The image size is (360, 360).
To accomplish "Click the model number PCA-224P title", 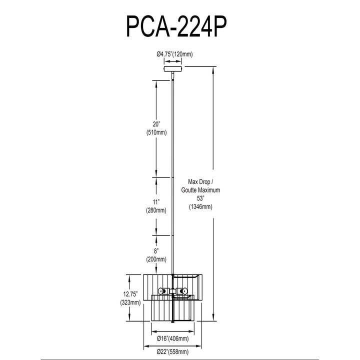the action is [x=176, y=26].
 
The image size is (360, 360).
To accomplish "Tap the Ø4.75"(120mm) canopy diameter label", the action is [x=174, y=54].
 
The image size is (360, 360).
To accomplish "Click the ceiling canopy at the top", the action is [x=173, y=68].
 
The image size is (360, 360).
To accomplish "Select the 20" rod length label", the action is [x=156, y=124].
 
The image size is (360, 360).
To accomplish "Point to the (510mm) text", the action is [x=156, y=132].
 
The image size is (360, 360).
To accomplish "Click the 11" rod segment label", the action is [x=156, y=202].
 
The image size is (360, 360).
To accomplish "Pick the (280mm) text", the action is [x=156, y=210].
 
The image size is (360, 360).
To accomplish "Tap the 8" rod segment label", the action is [x=156, y=251].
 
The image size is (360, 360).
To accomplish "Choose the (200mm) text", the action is [x=156, y=259].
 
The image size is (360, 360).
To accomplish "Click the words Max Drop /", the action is [x=200, y=182].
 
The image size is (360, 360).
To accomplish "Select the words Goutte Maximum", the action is [x=200, y=190].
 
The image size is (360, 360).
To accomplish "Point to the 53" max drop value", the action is [x=200, y=198].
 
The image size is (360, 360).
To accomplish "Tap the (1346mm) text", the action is [x=200, y=206].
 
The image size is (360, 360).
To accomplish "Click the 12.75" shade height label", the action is [x=130, y=294].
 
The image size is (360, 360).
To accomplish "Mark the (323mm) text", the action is [x=130, y=302].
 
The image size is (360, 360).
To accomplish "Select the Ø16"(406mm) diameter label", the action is [x=172, y=338].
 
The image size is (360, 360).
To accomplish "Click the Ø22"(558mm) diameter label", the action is [x=172, y=351].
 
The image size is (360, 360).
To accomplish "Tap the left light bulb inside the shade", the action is [x=161, y=291].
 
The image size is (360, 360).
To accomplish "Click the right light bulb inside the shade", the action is [x=183, y=291].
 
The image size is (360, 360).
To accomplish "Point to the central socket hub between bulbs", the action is [x=172, y=291].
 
